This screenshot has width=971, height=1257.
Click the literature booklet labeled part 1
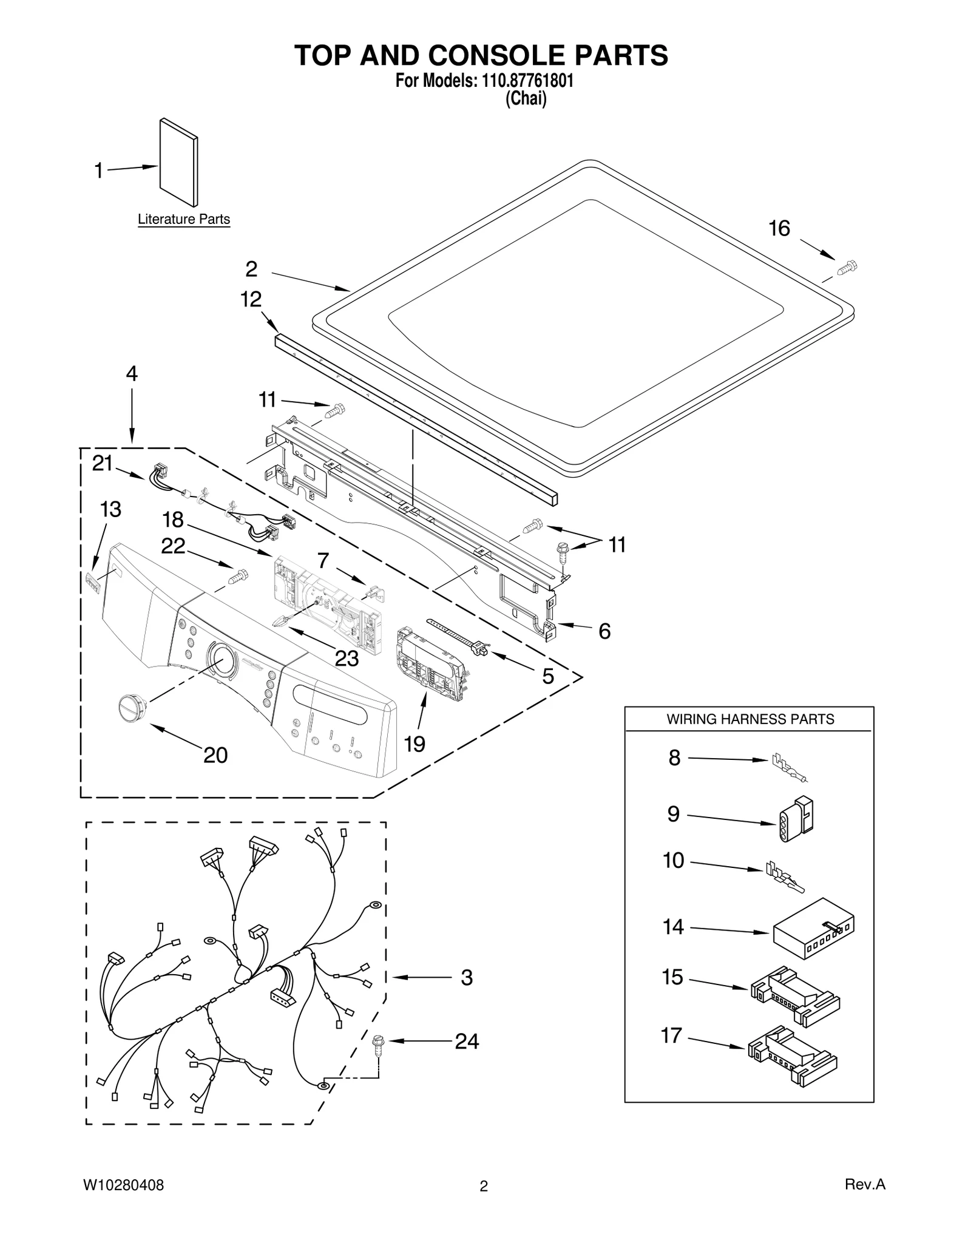tap(178, 163)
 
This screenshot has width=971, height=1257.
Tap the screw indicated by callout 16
tap(847, 267)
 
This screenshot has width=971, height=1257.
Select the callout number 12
tap(251, 299)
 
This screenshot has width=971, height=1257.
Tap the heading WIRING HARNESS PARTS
tap(750, 719)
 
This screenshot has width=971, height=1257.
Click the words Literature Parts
tap(184, 220)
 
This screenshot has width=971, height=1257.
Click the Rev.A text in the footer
tap(865, 1184)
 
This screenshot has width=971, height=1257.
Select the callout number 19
tap(414, 744)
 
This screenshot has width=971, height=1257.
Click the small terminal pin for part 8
tap(788, 767)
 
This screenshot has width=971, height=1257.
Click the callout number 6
tap(604, 631)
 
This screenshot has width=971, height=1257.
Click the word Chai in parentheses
tap(526, 99)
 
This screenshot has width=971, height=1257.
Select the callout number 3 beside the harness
tap(466, 978)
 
